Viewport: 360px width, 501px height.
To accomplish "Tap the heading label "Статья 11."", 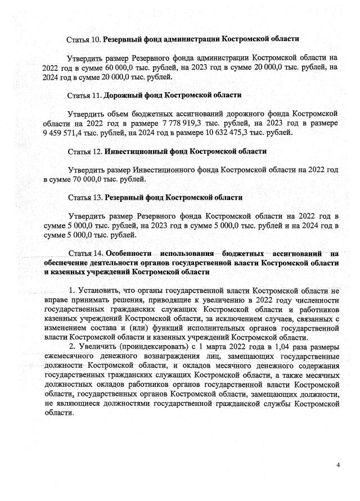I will [84, 95].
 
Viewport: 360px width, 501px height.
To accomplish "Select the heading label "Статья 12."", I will [84, 151].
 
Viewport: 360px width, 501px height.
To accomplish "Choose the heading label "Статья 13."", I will [84, 197].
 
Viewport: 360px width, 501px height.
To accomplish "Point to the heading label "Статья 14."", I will [84, 253].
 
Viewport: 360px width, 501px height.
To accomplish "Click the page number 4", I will [338, 465].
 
